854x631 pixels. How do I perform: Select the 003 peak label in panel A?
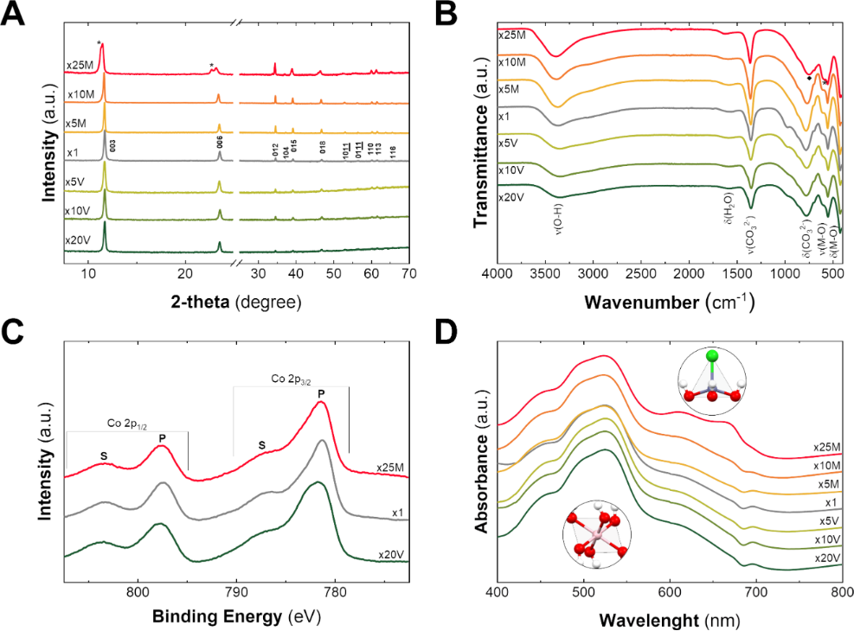coord(112,143)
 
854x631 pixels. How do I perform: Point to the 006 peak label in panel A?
coord(220,143)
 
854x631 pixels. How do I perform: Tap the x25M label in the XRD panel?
coord(79,64)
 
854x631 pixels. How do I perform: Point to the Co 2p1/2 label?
coord(125,424)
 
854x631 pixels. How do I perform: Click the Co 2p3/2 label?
coord(292,379)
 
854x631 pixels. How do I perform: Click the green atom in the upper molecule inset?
coord(712,355)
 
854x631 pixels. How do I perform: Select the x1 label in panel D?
coord(829,501)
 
